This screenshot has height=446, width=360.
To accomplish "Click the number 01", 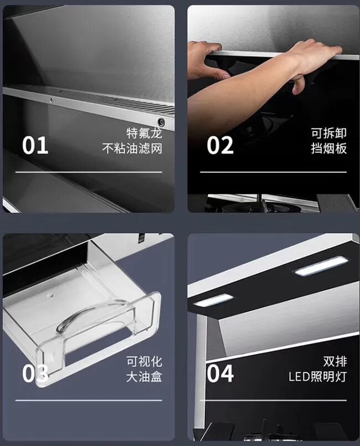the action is (35, 145).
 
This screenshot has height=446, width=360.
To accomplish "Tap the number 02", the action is (220, 145).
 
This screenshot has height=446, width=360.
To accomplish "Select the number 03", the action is (35, 373).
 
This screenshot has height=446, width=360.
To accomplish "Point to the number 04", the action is (220, 373).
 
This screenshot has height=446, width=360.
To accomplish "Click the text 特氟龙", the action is (144, 133).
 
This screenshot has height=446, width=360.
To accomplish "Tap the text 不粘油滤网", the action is (132, 148).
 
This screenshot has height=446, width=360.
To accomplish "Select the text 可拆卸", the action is (329, 133).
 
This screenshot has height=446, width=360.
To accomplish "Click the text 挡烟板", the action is (329, 148).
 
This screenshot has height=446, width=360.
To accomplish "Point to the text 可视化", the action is (144, 362).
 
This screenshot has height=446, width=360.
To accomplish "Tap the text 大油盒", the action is (144, 377).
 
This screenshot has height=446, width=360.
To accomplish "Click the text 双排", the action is (335, 362).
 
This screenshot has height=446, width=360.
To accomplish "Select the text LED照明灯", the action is (317, 377).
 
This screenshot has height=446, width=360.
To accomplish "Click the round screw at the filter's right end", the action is (161, 122).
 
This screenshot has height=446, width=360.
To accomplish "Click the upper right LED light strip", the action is (321, 266).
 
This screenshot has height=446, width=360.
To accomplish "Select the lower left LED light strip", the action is (213, 300).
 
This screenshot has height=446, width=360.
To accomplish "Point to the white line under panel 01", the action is (89, 172).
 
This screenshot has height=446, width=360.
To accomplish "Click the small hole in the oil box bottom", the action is (50, 295).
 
